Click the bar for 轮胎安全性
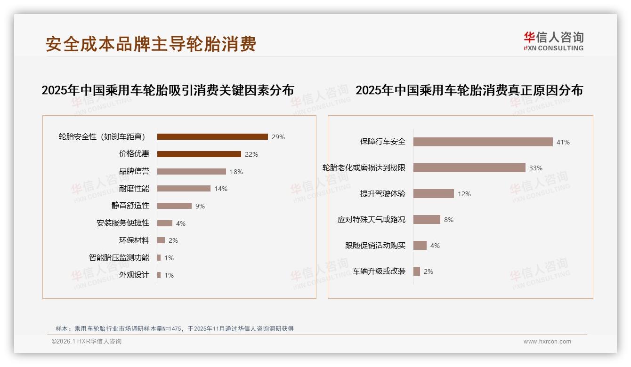(212, 137)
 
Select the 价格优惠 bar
(199, 154)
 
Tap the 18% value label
(236, 172)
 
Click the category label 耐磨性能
(134, 189)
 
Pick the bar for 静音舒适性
(174, 206)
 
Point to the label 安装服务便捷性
(123, 223)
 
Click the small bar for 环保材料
(161, 240)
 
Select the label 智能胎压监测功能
(119, 258)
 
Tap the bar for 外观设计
(159, 275)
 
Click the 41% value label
(563, 142)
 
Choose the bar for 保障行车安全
(483, 142)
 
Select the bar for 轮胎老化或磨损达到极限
(469, 168)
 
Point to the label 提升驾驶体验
(383, 194)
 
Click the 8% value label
(448, 220)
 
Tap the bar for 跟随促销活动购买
(420, 246)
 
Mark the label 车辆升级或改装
(379, 271)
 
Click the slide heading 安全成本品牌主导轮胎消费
(151, 44)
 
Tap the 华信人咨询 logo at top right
(553, 41)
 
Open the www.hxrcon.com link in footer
(547, 342)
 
